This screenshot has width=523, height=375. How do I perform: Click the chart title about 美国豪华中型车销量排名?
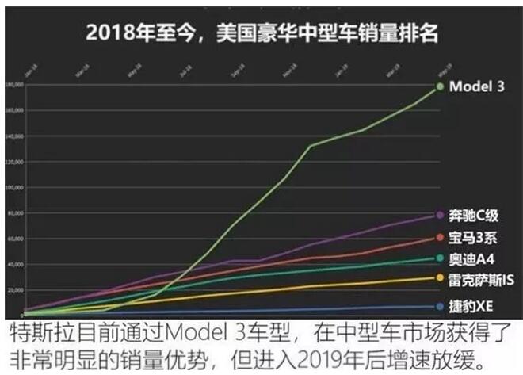point(262,33)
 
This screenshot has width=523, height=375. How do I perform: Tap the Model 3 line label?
point(477,86)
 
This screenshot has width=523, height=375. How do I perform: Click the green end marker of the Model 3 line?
point(441,86)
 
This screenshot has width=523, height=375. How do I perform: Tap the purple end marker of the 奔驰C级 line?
point(441,216)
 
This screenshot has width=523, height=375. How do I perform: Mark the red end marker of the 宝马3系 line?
point(441,238)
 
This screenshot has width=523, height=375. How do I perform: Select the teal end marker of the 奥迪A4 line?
point(441,258)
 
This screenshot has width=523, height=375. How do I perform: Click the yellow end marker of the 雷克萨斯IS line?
point(441,277)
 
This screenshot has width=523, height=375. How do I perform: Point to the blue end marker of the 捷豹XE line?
point(441,307)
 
